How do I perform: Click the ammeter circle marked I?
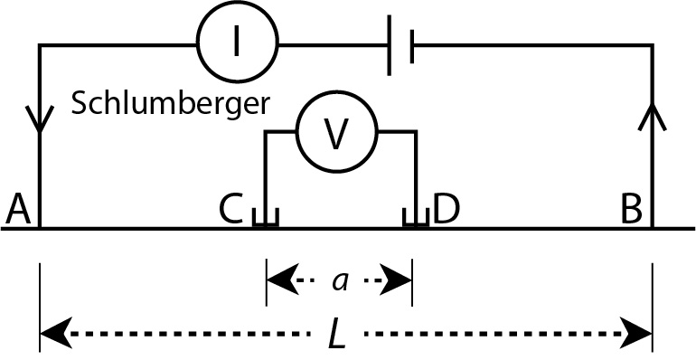(237, 43)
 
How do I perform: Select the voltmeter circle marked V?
(336, 133)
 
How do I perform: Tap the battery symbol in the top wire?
(400, 44)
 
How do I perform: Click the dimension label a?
(340, 281)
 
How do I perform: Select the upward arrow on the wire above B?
(653, 116)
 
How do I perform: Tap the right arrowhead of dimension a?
(400, 280)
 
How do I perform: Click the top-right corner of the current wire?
(652, 44)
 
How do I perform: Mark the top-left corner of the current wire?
(39, 44)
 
